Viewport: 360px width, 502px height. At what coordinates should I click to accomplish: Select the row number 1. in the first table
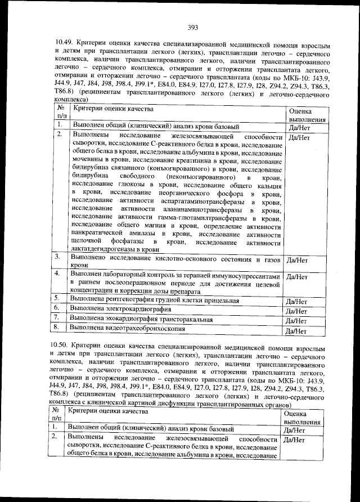(59, 125)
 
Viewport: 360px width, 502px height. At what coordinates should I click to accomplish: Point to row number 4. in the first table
(58, 274)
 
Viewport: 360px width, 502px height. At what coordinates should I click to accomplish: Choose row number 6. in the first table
(58, 308)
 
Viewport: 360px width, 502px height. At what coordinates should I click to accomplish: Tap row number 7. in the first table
(58, 318)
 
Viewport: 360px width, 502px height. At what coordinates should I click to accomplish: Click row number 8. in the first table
(58, 328)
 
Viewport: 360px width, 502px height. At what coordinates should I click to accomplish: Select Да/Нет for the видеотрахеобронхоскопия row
(297, 331)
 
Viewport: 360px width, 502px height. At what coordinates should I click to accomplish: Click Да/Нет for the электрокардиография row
(297, 311)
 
